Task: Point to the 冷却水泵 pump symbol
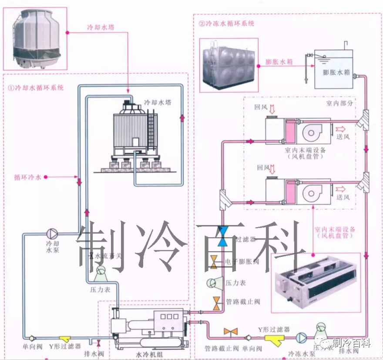click(x=52, y=233)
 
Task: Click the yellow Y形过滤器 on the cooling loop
click(x=66, y=338)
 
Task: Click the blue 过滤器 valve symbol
click(x=223, y=236)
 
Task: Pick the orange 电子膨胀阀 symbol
click(x=215, y=262)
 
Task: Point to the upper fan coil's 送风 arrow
click(x=339, y=129)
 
